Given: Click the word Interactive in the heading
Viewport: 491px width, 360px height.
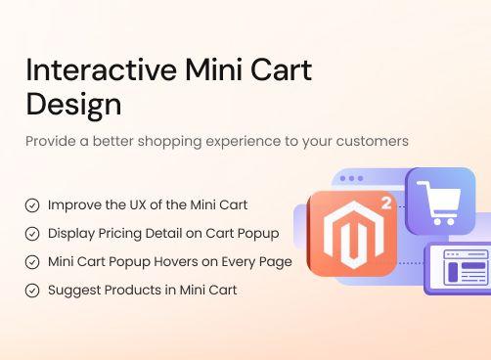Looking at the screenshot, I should pos(90,70).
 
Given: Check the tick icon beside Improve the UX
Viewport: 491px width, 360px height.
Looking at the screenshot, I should pos(32,205).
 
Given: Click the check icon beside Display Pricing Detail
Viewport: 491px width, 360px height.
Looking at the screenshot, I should pos(32,234).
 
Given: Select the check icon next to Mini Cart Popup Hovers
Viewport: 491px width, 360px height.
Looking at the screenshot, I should pos(32,262).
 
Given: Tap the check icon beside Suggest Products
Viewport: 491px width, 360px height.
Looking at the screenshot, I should pos(32,291).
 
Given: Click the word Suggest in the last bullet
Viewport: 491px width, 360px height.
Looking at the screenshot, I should pos(72,291).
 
